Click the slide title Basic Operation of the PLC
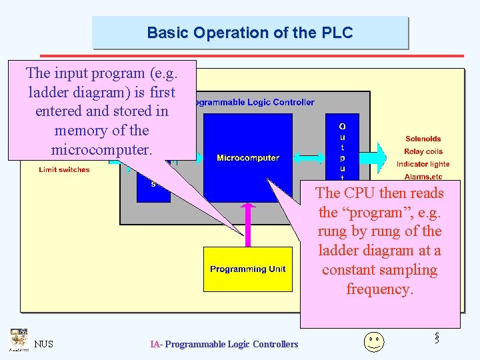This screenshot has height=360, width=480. tap(249, 33)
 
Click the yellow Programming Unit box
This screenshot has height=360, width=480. tap(247, 269)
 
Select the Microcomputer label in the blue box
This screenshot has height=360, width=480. tap(247, 158)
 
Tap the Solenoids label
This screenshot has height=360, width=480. tap(423, 139)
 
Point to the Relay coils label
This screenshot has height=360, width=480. tap(423, 151)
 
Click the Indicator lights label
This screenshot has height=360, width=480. tap(423, 164)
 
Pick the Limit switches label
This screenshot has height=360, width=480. tap(64, 170)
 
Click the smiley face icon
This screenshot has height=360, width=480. tap(374, 341)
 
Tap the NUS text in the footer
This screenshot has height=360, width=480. tap(44, 344)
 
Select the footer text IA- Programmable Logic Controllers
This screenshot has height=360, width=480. tap(224, 344)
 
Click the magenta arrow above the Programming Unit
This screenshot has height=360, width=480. tap(248, 223)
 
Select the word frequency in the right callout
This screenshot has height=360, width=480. tap(379, 289)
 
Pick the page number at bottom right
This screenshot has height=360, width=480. tap(437, 338)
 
